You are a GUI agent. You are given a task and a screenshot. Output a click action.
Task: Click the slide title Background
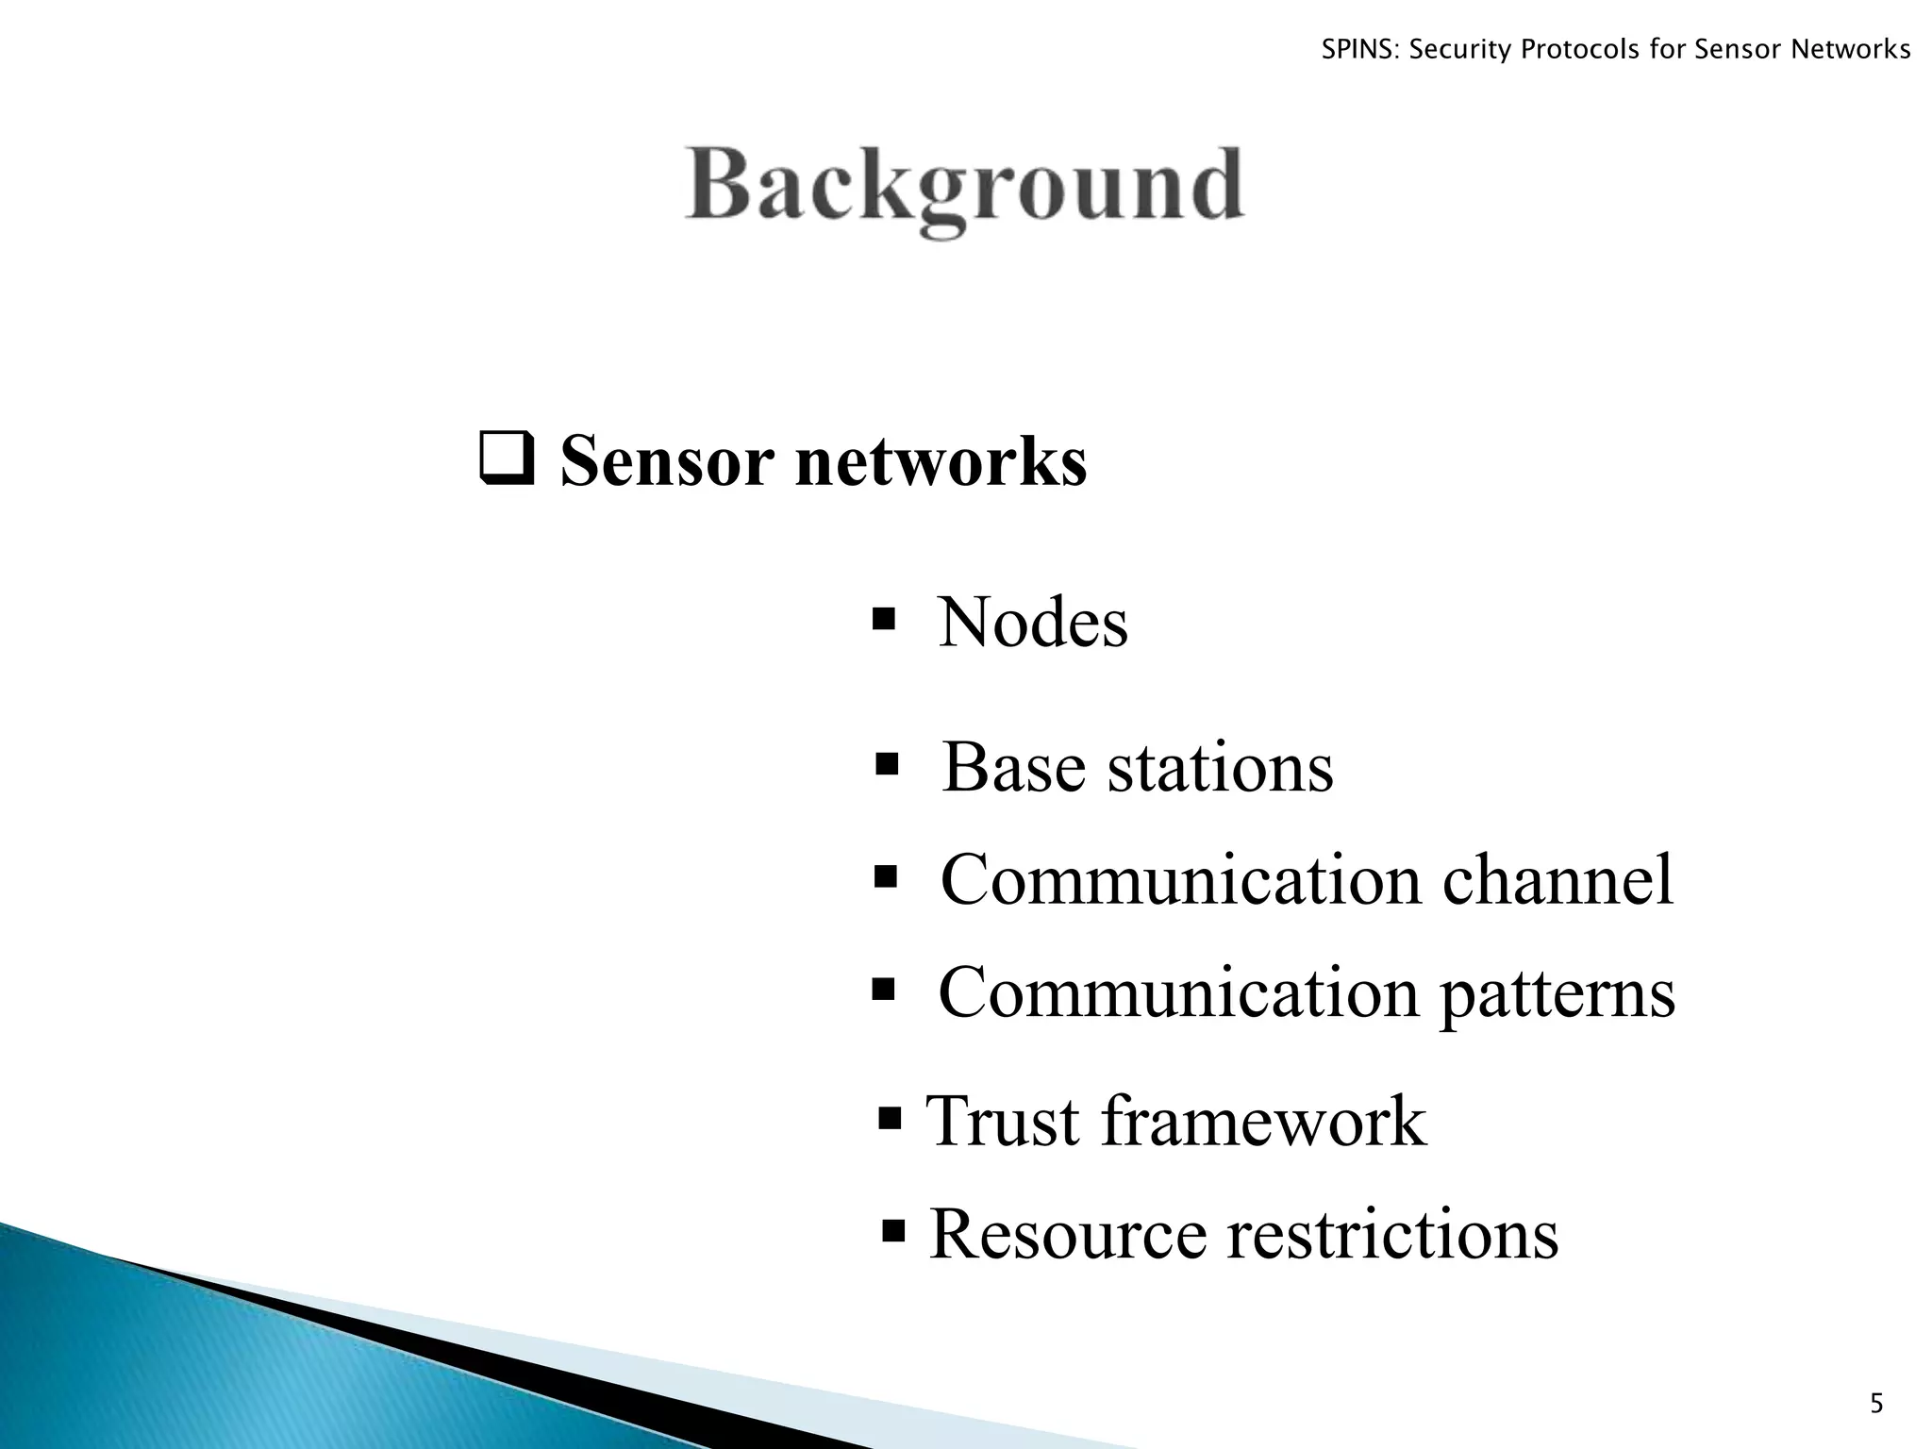pos(964,187)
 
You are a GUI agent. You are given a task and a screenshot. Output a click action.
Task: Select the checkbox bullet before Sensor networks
pos(507,460)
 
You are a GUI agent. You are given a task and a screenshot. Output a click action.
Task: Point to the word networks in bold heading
pos(941,462)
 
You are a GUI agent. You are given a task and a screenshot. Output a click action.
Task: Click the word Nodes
pos(1033,623)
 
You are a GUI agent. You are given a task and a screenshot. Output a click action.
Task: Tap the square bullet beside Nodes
pos(884,620)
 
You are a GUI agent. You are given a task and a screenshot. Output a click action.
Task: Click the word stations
pos(1220,767)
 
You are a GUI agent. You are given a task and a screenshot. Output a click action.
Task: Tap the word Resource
pos(1068,1234)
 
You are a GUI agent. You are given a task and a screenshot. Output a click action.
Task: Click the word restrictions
pos(1391,1234)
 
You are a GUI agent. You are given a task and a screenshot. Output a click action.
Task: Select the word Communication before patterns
pos(1178,994)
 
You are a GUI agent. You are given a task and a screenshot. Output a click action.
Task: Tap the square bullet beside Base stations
pos(886,762)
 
